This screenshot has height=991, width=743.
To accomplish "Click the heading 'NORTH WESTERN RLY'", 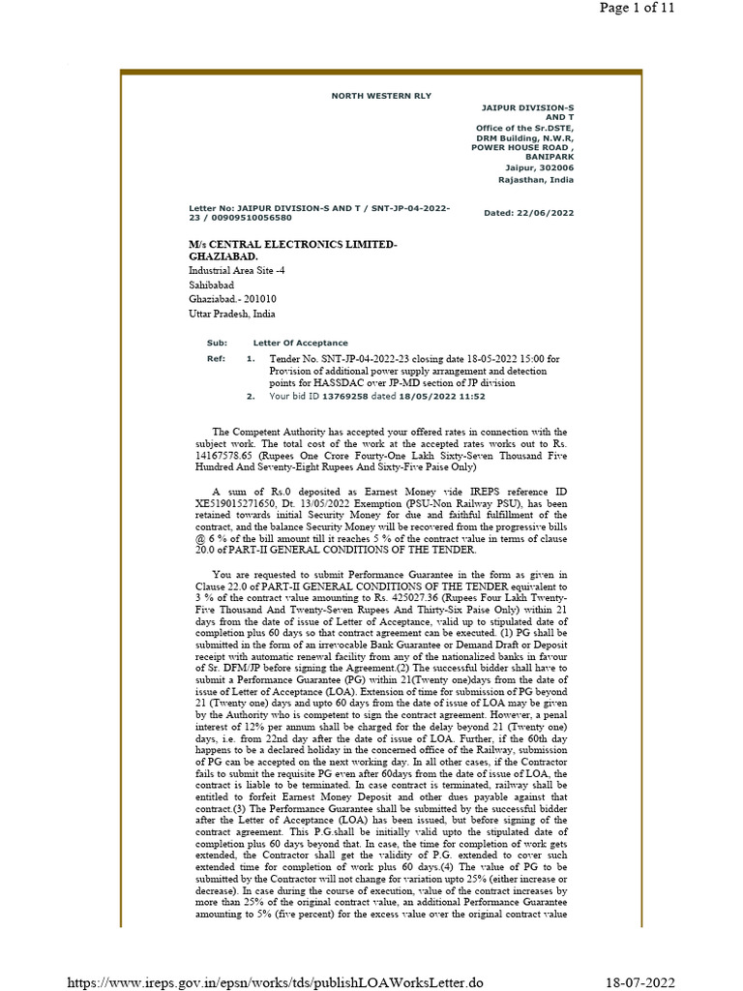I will point(381,96).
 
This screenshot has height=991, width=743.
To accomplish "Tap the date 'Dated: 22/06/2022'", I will point(528,213).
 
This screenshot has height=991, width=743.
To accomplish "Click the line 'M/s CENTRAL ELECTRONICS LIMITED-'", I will point(292,245).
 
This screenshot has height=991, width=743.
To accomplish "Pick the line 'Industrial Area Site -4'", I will point(236,271).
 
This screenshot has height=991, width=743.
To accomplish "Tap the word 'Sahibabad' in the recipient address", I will point(211,285).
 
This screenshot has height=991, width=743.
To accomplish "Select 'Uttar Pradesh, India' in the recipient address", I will point(232,315).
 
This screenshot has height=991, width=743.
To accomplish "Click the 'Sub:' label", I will point(215,344).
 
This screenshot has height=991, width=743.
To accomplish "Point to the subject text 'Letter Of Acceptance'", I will point(300,344).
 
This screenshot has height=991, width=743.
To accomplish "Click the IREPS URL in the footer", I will point(274,982).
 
